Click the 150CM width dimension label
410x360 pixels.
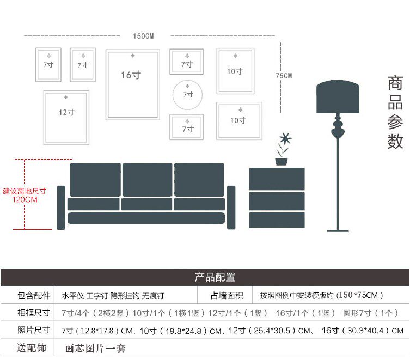click(x=144, y=36)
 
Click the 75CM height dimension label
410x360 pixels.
click(x=283, y=76)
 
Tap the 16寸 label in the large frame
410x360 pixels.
click(x=131, y=75)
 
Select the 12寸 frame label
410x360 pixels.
click(x=66, y=112)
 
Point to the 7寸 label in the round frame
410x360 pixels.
click(x=188, y=95)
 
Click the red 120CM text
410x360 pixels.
click(x=25, y=199)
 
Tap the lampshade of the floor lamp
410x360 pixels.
click(x=338, y=97)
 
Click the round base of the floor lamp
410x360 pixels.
click(x=338, y=230)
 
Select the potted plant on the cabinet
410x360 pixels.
click(x=282, y=149)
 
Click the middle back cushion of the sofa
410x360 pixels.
click(x=147, y=179)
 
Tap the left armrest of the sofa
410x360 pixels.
click(x=61, y=208)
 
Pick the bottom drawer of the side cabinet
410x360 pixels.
click(x=277, y=219)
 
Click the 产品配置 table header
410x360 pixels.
click(x=216, y=277)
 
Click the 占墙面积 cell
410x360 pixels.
click(x=227, y=296)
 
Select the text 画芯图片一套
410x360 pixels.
click(x=95, y=348)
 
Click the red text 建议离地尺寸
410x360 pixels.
click(x=25, y=191)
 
